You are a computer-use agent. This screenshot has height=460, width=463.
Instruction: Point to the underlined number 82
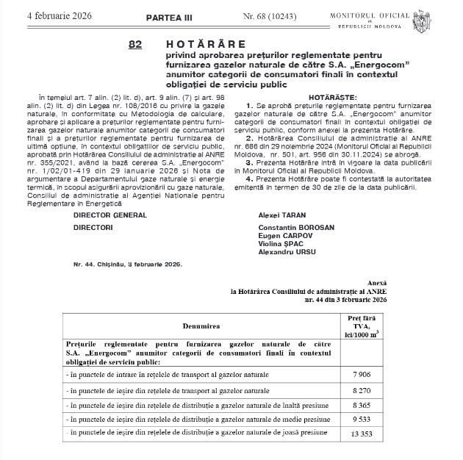tap(134, 45)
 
